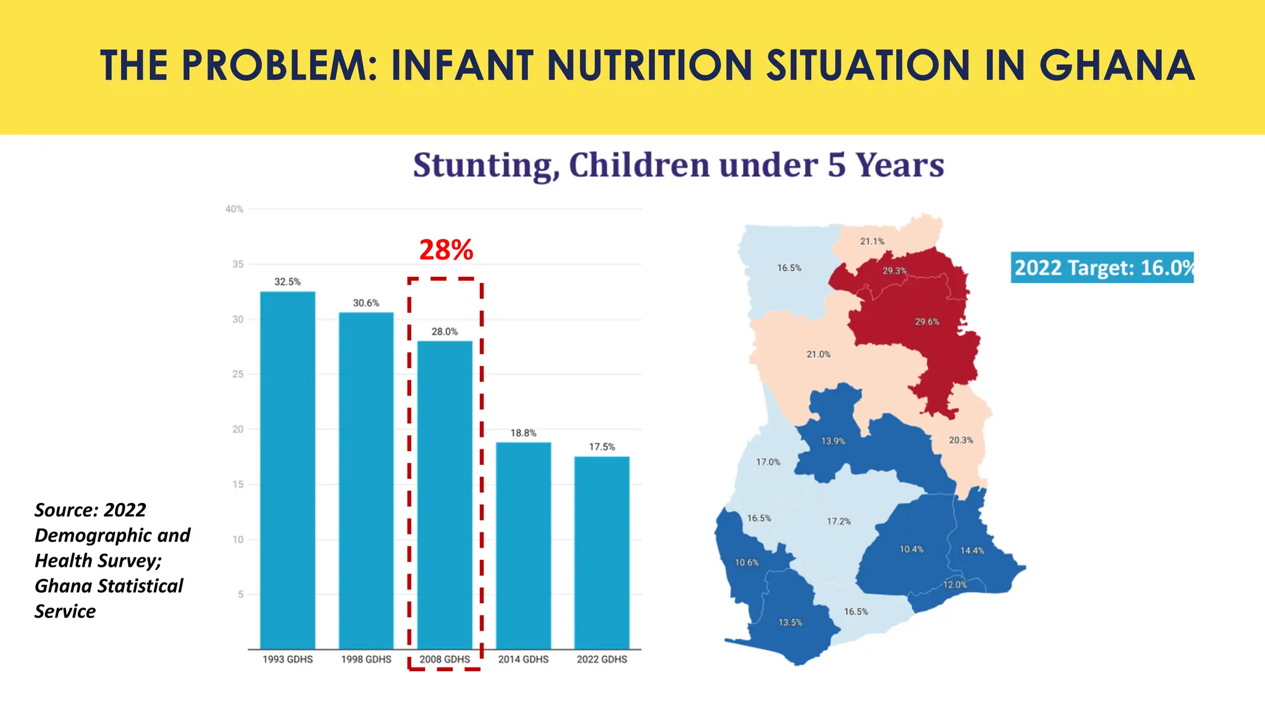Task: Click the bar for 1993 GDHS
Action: (287, 470)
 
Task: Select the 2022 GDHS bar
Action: (602, 553)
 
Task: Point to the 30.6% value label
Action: (366, 303)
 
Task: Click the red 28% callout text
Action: (446, 250)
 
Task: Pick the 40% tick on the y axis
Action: (234, 209)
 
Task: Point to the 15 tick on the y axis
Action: (238, 485)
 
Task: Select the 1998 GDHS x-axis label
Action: (366, 659)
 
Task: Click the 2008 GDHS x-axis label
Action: (445, 659)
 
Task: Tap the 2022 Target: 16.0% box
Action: (1102, 268)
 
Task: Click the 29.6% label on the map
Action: (927, 321)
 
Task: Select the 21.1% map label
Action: (872, 241)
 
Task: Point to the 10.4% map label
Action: (911, 549)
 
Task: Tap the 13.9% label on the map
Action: (833, 441)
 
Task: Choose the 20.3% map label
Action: (960, 440)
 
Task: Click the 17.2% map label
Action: (838, 521)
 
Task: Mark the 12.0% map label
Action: (954, 585)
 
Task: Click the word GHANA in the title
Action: (1117, 66)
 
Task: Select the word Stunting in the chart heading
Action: (486, 166)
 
